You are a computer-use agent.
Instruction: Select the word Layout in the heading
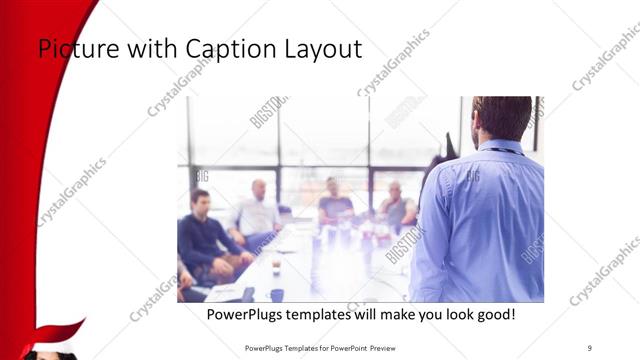(323, 48)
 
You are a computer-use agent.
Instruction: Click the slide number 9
(589, 347)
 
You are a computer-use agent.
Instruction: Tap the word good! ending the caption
(495, 315)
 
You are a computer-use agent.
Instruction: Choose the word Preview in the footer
(397, 347)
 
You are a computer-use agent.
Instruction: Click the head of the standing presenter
(501, 118)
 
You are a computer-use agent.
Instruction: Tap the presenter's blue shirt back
(480, 220)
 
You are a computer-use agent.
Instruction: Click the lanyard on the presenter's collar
(506, 150)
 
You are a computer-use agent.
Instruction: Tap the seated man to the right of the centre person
(396, 205)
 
